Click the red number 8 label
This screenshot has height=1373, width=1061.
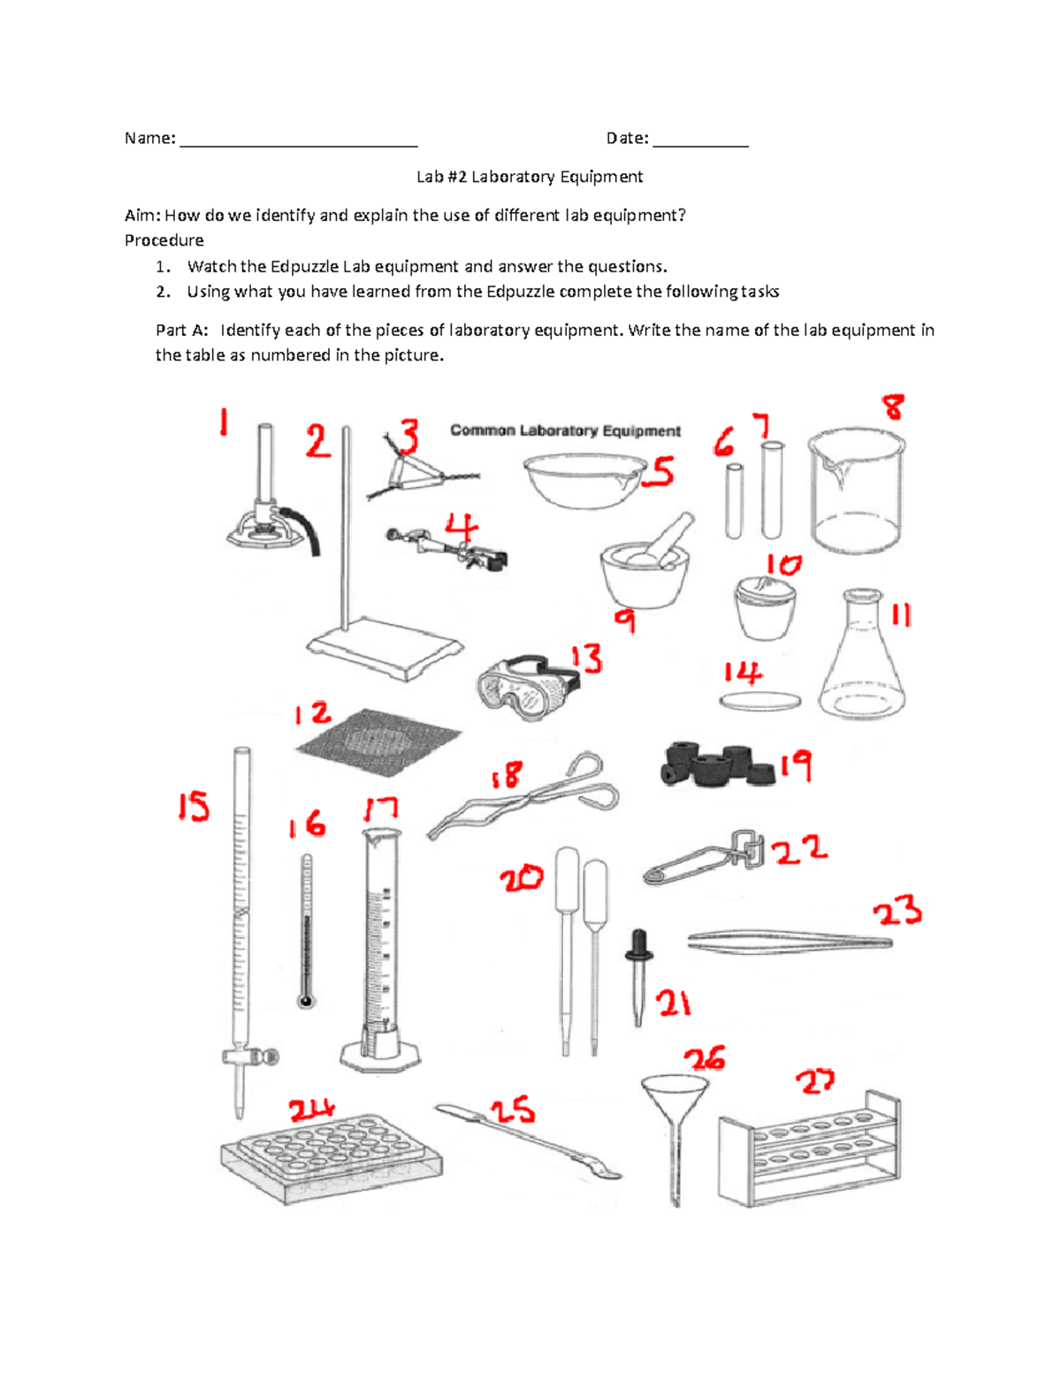tap(893, 408)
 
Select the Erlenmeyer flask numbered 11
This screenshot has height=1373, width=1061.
tap(862, 663)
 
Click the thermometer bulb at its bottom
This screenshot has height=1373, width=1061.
tap(306, 1001)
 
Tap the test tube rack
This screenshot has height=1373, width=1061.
tap(810, 1149)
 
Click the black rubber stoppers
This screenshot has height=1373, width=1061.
tap(717, 766)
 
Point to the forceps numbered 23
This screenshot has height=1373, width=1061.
tap(790, 942)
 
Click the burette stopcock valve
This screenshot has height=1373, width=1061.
tap(250, 1056)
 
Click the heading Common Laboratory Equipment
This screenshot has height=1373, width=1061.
tap(565, 431)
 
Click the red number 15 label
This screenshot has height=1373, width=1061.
tap(194, 806)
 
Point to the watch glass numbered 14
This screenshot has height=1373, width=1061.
tap(760, 702)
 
